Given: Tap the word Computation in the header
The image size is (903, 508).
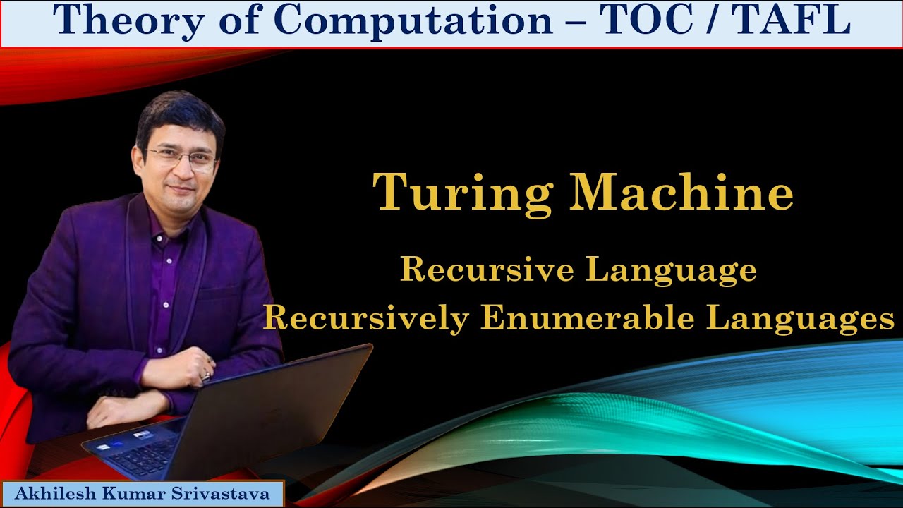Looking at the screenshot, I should pos(413,21).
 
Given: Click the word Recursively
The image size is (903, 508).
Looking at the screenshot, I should pos(365,319).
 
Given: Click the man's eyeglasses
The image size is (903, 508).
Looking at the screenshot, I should pos(182,158).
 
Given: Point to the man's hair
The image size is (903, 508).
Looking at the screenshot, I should pos(180,113).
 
